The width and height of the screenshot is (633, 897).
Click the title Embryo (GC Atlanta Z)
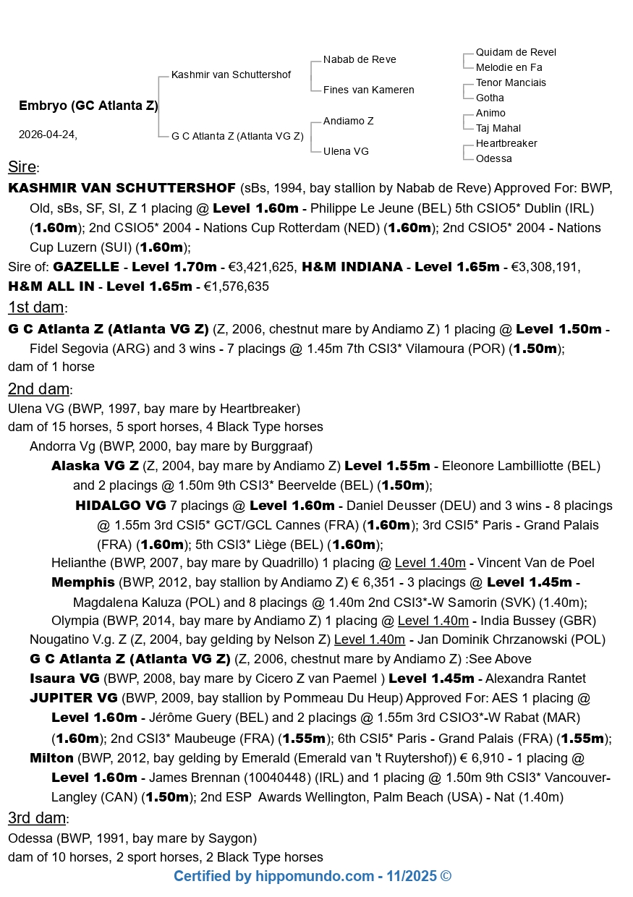coord(88,106)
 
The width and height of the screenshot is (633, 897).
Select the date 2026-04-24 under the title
coord(48,135)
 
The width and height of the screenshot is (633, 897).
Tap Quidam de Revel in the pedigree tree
coord(516,52)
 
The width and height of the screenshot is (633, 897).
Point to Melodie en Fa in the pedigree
coord(509,67)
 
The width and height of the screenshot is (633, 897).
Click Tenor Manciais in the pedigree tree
coord(511,82)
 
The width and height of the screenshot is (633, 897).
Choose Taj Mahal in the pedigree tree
coord(498,128)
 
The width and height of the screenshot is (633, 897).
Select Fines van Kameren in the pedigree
coord(368,90)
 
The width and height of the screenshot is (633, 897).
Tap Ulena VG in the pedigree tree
coord(346,151)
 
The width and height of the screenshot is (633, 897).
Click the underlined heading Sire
coord(22,167)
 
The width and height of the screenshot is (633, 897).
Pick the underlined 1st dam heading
coord(36,307)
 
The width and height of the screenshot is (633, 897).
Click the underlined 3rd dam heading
coord(38,818)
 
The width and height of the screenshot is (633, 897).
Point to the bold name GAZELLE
coord(85,267)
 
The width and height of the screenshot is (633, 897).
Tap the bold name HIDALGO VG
coord(120,506)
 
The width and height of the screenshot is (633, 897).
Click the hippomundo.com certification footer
coord(312,877)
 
